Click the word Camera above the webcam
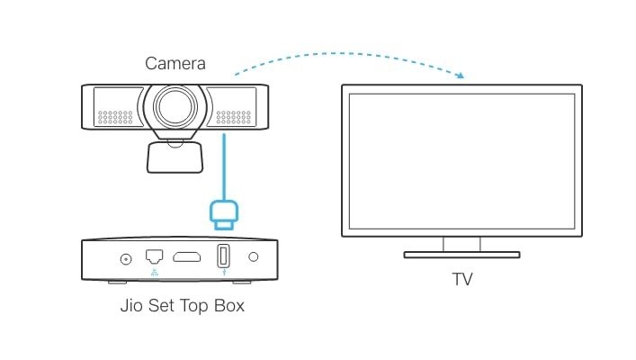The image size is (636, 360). tap(175, 64)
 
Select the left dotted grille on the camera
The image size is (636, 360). tap(115, 117)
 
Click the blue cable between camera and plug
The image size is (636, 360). tap(222, 166)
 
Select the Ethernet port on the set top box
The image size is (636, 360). tap(154, 256)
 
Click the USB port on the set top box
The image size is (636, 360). tap(222, 256)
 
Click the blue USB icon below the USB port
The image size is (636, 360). tap(222, 272)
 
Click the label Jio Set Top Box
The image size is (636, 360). tap(182, 306)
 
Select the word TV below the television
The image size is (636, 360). tap(461, 280)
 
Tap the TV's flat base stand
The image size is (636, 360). tap(461, 255)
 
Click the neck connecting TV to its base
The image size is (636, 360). tap(461, 244)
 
